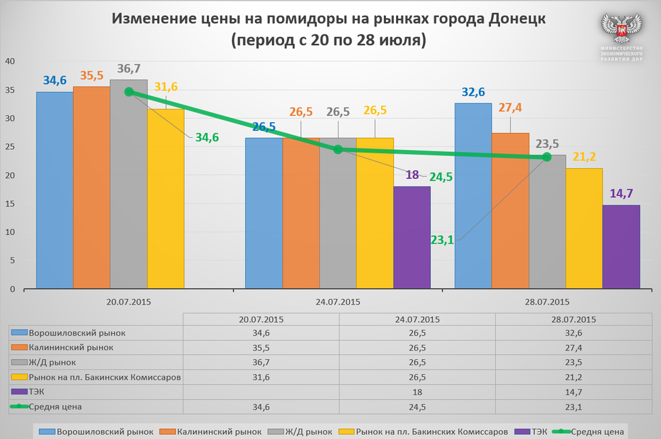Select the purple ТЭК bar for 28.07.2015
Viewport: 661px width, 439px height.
[x=621, y=247]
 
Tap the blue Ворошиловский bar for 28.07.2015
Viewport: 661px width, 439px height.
[x=473, y=196]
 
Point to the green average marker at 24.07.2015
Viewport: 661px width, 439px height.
[x=338, y=149]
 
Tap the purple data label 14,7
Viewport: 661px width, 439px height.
[x=621, y=194]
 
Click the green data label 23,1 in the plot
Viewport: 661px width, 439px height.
[x=442, y=239]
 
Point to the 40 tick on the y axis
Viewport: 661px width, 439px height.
[x=10, y=61]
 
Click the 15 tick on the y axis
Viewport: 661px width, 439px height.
[x=10, y=204]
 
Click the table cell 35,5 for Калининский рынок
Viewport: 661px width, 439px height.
[x=260, y=347]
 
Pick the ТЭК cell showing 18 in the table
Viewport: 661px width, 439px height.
[x=417, y=392]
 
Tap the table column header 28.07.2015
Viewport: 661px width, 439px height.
[x=573, y=319]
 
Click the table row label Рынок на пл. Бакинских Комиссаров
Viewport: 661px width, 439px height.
[x=105, y=377]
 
